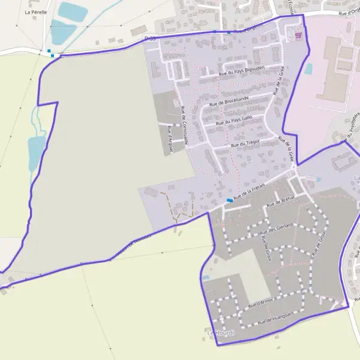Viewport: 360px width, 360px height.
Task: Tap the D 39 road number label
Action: click(149, 38)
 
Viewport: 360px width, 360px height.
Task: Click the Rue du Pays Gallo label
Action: click(233, 120)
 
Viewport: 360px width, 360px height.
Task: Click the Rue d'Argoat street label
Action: click(170, 139)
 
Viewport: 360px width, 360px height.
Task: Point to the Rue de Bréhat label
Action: click(281, 202)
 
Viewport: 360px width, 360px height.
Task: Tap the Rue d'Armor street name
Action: click(260, 304)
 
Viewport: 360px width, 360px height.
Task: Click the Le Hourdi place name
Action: click(221, 333)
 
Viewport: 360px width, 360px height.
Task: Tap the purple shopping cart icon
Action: click(298, 35)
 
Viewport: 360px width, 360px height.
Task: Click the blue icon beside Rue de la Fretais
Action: click(230, 200)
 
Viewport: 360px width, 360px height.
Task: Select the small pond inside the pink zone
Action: click(308, 69)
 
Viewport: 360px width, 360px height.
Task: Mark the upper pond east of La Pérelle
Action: click(73, 11)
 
